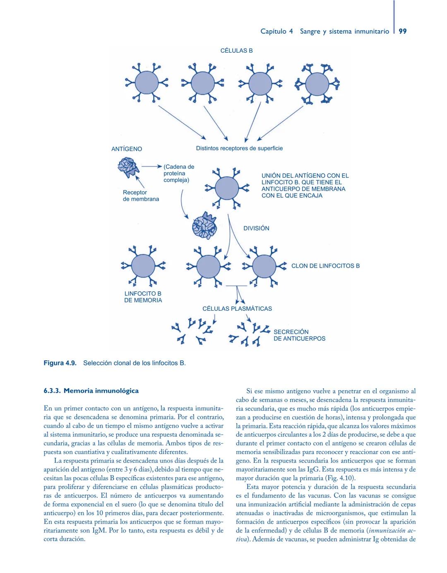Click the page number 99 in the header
pyautogui.click(x=402, y=31)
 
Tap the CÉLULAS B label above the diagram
pyautogui.click(x=236, y=51)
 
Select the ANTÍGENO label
pyautogui.click(x=127, y=149)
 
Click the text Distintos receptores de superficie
pyautogui.click(x=239, y=148)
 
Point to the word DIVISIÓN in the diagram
pyautogui.click(x=256, y=228)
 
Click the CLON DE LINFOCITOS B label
pyautogui.click(x=325, y=266)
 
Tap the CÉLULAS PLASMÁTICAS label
pyautogui.click(x=237, y=309)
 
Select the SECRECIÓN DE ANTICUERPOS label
pyautogui.click(x=299, y=335)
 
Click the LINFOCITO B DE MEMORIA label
pyautogui.click(x=143, y=297)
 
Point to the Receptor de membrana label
pyautogui.click(x=141, y=196)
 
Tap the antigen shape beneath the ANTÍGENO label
pyautogui.click(x=128, y=167)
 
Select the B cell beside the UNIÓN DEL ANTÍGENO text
pyautogui.click(x=227, y=189)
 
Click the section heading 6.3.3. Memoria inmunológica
pyautogui.click(x=91, y=391)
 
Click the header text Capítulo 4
pyautogui.click(x=276, y=31)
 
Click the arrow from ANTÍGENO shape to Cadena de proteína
pyautogui.click(x=151, y=167)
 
